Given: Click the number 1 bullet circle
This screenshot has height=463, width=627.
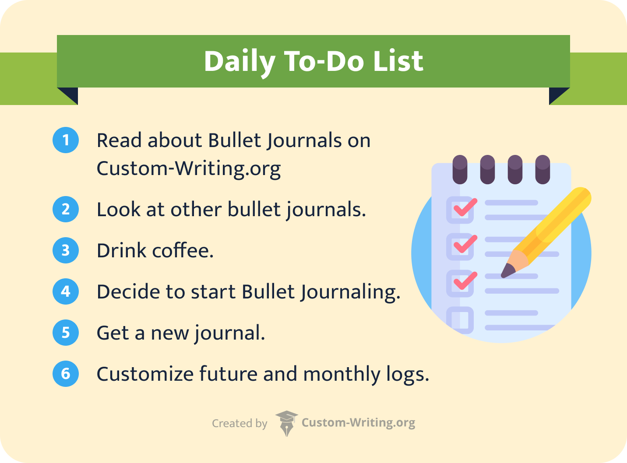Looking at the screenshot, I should coord(66,140).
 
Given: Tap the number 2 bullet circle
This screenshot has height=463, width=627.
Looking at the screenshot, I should coord(66,209).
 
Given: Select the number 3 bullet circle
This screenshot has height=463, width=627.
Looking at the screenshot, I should coord(66,250).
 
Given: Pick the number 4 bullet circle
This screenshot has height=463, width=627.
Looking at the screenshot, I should coord(66,291).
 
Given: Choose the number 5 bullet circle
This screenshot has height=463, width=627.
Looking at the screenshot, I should coord(66,333).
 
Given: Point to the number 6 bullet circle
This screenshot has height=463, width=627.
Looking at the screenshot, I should coord(66,374).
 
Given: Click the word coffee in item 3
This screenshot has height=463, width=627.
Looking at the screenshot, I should coord(183,251).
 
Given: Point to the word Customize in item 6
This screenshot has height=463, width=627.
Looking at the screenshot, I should coord(144,375).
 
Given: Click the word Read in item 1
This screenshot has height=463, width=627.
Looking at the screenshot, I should coord(119,140).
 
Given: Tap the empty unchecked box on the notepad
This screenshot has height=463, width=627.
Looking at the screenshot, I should coord(460,320).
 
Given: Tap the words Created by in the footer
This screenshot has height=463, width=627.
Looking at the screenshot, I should coord(240,424).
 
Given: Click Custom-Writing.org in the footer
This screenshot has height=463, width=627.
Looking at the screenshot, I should coord(358,423).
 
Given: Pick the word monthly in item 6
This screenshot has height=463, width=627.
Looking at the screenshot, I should coord(342,375).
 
